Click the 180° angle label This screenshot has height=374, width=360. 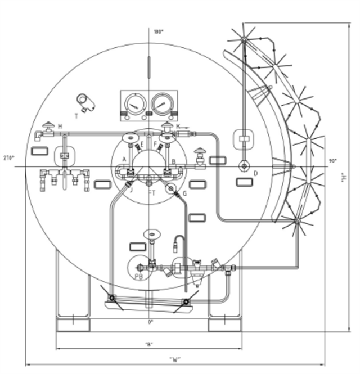click(x=159, y=32)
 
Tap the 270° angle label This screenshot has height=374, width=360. click(x=7, y=158)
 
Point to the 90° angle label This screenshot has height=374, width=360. click(x=332, y=161)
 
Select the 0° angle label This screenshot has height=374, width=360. click(x=150, y=322)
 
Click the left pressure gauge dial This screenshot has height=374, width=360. click(x=135, y=103)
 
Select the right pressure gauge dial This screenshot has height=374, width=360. click(x=162, y=103)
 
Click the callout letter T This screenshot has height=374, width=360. click(x=76, y=116)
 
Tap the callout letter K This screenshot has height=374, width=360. click(x=178, y=127)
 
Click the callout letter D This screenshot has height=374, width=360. click(x=255, y=173)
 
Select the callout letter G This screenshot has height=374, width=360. click(x=184, y=194)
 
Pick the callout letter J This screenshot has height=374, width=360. click(x=130, y=190)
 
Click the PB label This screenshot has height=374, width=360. click(x=139, y=277)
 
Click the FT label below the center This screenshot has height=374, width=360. click(x=151, y=193)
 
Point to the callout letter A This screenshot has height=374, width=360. click(x=124, y=160)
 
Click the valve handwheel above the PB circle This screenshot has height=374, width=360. click(x=151, y=233)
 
